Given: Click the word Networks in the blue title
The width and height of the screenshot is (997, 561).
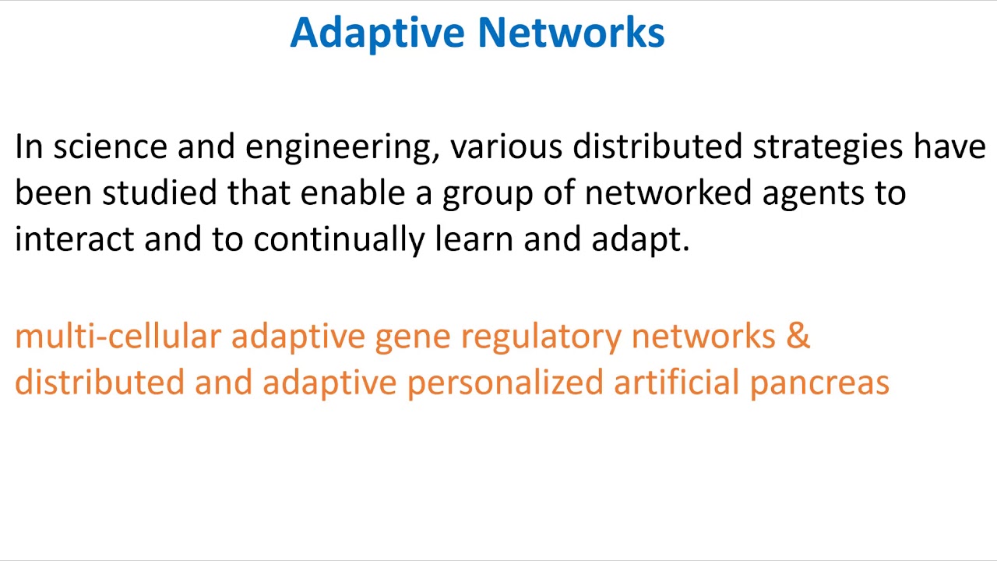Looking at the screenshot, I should pos(571,34).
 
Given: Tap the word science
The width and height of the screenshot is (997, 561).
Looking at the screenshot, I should pos(110,147).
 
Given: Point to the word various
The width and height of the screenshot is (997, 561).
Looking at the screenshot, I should pos(506,147).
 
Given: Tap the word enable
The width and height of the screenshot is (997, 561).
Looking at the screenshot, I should pos(352,193).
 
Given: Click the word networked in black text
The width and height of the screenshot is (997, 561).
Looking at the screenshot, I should pos(668,193).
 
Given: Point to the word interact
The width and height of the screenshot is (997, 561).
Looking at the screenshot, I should pos(74,239).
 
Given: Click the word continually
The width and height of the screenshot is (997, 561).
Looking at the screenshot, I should pos(339,239).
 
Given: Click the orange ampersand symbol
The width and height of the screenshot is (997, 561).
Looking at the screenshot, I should pos(798,337).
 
